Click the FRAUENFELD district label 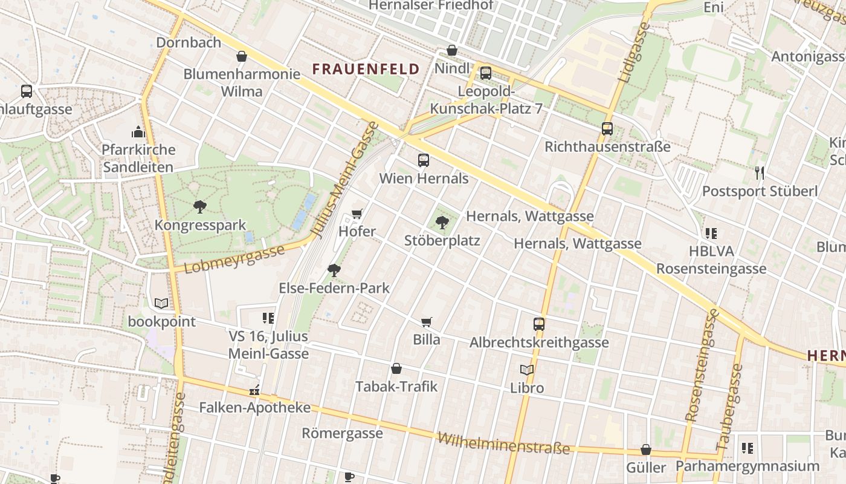click(x=366, y=69)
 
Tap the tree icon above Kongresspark click(x=199, y=207)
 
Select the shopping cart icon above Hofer click(x=357, y=213)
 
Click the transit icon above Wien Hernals click(x=424, y=160)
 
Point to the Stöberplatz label click(x=442, y=241)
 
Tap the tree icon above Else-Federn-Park click(x=334, y=270)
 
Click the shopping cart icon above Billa click(x=427, y=322)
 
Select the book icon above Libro click(x=527, y=370)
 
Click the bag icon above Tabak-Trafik click(x=396, y=368)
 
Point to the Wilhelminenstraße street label click(x=503, y=443)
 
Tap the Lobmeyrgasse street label click(x=234, y=259)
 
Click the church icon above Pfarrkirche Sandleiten click(x=138, y=131)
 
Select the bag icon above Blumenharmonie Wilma click(x=242, y=56)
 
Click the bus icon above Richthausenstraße click(x=607, y=129)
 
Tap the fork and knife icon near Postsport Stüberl click(x=760, y=173)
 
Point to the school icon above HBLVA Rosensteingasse click(x=711, y=233)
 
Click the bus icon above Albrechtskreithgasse click(x=539, y=324)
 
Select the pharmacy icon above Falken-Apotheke click(x=254, y=390)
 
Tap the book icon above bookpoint click(x=161, y=303)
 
